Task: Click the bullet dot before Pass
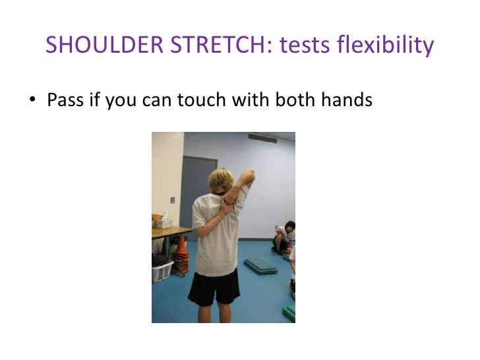tap(31, 102)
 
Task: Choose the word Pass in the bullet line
tap(65, 101)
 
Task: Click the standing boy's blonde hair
tap(220, 182)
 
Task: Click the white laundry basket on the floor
tap(162, 269)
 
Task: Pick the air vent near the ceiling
tap(262, 138)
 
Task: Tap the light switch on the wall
tap(173, 200)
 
